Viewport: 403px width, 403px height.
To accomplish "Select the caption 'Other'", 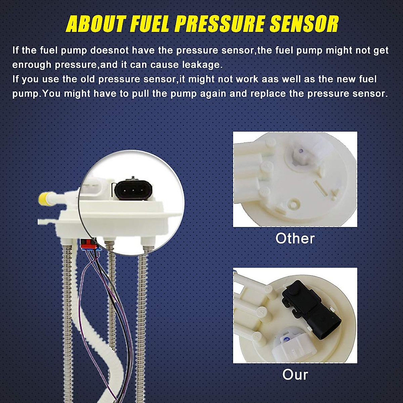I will click(295, 238).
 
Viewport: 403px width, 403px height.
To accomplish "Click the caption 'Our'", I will click(295, 374).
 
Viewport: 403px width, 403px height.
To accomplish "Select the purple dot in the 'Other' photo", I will click(301, 151).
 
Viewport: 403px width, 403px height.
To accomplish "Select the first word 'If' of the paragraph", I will click(15, 50).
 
